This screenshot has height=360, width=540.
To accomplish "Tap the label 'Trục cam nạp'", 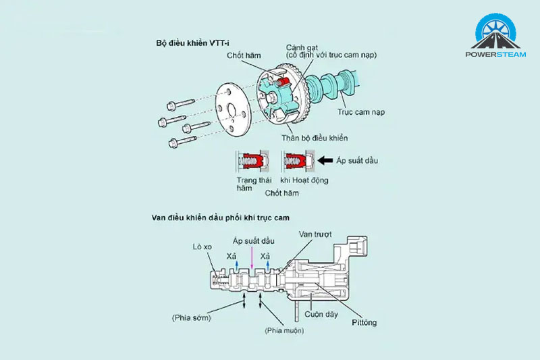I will pyautogui.click(x=361, y=112).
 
